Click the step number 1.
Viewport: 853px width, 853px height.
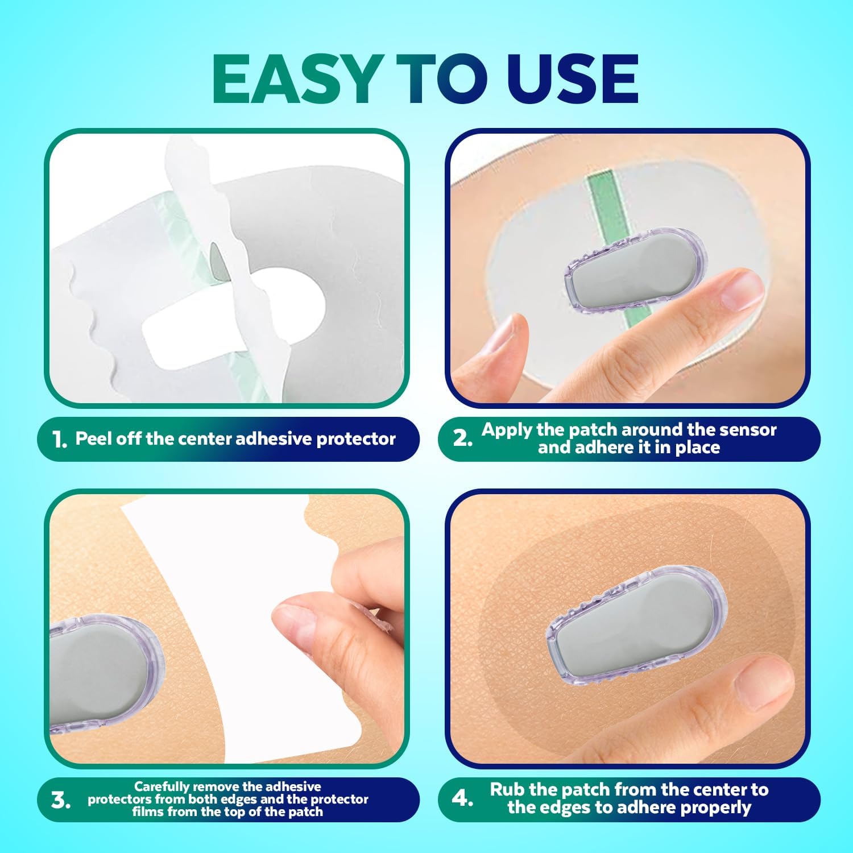(59, 439)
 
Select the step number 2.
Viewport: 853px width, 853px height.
(462, 438)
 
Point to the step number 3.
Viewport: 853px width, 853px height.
(60, 800)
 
